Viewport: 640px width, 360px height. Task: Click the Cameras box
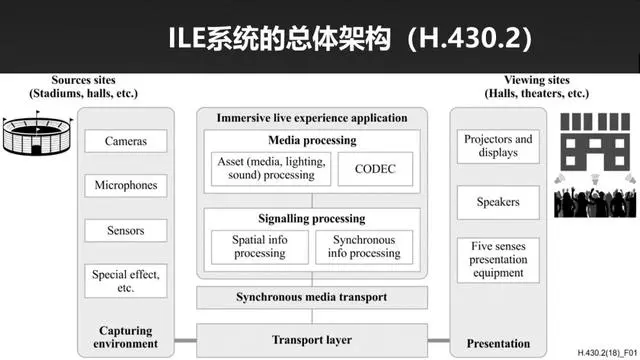click(x=126, y=142)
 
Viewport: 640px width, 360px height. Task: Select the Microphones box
click(x=126, y=186)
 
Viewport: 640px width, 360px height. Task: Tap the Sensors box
click(x=126, y=231)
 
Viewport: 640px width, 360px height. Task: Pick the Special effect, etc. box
click(x=126, y=280)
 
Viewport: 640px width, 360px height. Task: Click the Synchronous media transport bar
click(x=311, y=297)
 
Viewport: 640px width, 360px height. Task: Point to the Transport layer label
click(x=313, y=340)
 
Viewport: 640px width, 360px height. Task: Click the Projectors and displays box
click(x=498, y=146)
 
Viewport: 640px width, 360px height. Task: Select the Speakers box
click(x=498, y=202)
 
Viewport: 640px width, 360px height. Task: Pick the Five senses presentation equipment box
click(x=498, y=259)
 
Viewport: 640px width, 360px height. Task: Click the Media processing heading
click(x=311, y=140)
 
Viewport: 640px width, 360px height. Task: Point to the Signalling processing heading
click(x=311, y=218)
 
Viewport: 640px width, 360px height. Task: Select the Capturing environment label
click(x=127, y=337)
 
